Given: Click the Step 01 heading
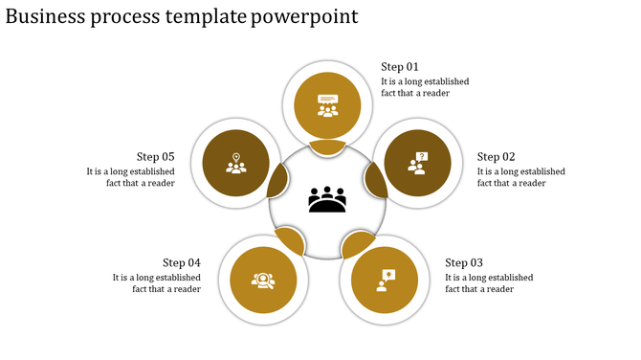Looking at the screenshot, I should pos(400,67).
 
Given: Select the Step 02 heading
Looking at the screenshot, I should pos(496,157).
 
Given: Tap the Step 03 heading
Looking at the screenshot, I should pos(464,263).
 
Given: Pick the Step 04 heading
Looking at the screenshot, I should pos(181,263).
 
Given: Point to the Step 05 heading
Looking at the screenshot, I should pos(155,157).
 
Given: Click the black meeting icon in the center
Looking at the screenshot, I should pos(327,200).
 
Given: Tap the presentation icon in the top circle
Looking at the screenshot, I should pos(328,104).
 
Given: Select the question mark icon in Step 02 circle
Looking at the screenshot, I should pos(418,164).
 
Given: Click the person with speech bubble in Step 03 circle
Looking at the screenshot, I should pos(385,280).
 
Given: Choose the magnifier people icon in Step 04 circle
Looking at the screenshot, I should pos(263,281).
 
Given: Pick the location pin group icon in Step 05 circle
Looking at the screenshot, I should pos(235,164).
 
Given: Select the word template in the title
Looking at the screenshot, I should pos(206,17).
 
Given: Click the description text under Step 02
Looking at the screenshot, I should pos(520,177).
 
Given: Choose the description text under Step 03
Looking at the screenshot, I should pos(489,283).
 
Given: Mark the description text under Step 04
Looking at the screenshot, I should pos(156,283).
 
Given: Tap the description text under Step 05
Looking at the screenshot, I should pos(130,177).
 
